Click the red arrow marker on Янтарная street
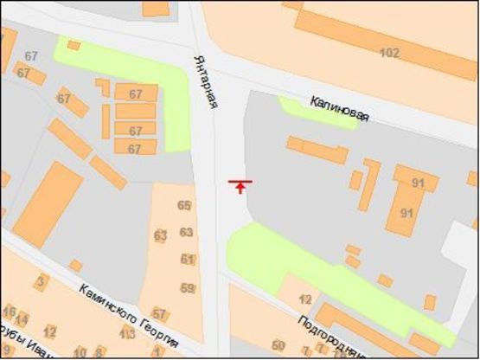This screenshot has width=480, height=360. click(240, 185)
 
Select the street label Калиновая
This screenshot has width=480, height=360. click(339, 107)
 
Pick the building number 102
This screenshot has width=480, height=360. click(389, 53)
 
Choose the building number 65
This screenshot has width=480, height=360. click(183, 205)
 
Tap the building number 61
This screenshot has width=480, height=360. click(188, 259)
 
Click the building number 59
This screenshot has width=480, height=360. click(187, 287)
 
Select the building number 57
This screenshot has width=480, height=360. click(159, 313)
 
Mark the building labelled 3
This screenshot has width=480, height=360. click(40, 283)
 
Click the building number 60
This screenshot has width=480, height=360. click(278, 345)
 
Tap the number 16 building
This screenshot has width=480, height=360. click(10, 312)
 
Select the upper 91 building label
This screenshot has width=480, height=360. click(419, 183)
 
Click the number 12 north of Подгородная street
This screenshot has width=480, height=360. click(304, 299)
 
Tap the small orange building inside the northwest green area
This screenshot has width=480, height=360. click(74, 45)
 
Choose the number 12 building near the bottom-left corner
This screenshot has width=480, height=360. click(49, 331)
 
